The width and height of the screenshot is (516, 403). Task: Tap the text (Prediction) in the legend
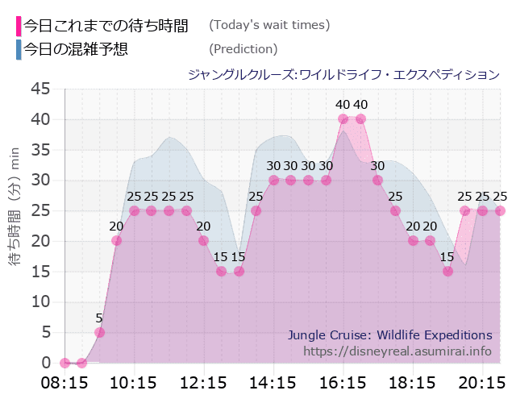243,49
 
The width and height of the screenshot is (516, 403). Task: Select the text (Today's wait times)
269,25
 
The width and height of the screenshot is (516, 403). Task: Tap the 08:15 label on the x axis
64,381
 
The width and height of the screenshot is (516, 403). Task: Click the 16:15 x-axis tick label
343,381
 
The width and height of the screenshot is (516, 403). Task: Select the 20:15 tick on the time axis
482,381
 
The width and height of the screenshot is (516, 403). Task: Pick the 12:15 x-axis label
203,381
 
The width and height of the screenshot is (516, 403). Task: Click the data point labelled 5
99,332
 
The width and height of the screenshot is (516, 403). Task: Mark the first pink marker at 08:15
65,363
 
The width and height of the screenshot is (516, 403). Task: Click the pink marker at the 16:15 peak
343,119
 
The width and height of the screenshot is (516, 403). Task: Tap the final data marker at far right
500,210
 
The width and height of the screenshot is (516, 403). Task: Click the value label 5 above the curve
99,318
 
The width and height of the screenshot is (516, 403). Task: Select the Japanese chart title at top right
343,74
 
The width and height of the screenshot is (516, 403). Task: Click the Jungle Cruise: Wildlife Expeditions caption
389,334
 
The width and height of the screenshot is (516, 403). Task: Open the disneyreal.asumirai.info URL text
397,351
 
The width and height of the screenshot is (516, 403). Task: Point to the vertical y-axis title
14,226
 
